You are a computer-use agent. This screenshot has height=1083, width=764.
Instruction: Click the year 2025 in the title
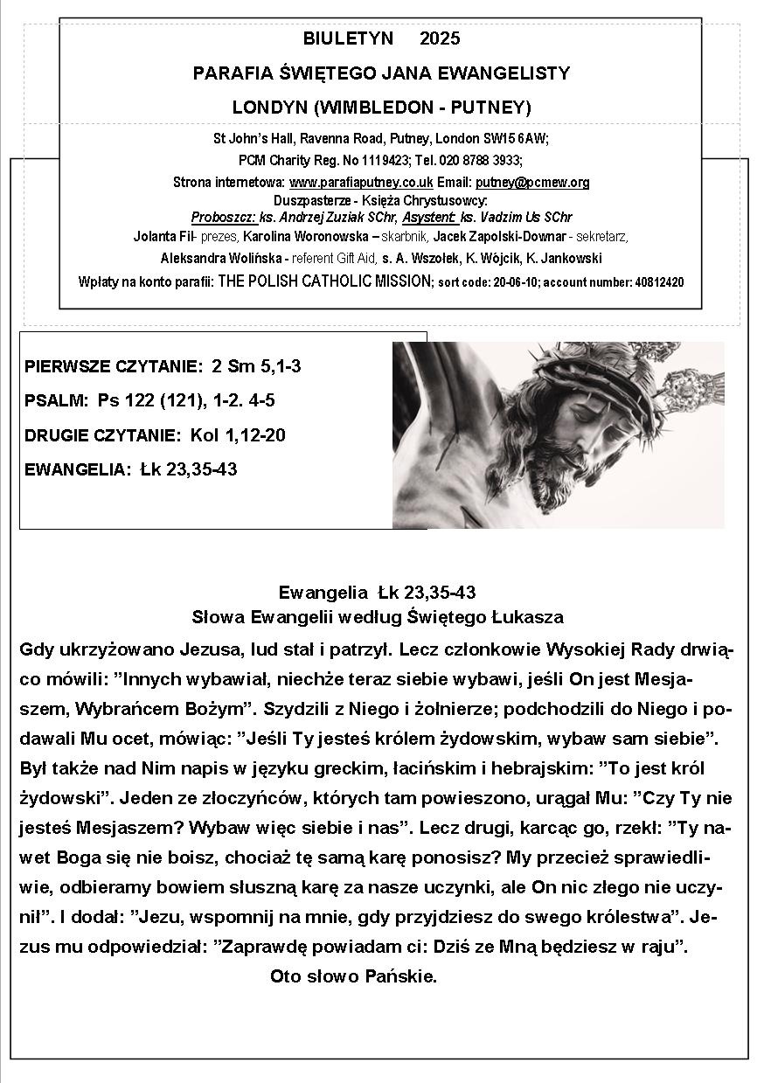pyautogui.click(x=440, y=38)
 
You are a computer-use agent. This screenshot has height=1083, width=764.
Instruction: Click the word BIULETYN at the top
pyautogui.click(x=348, y=38)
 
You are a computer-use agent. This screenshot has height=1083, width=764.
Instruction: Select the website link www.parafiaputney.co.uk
pyautogui.click(x=361, y=183)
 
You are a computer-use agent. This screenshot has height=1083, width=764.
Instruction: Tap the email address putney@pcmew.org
pyautogui.click(x=532, y=183)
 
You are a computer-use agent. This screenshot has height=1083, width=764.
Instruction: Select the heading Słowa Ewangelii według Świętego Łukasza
pyautogui.click(x=378, y=616)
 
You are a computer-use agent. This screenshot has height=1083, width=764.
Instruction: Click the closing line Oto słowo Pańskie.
pyautogui.click(x=354, y=975)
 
